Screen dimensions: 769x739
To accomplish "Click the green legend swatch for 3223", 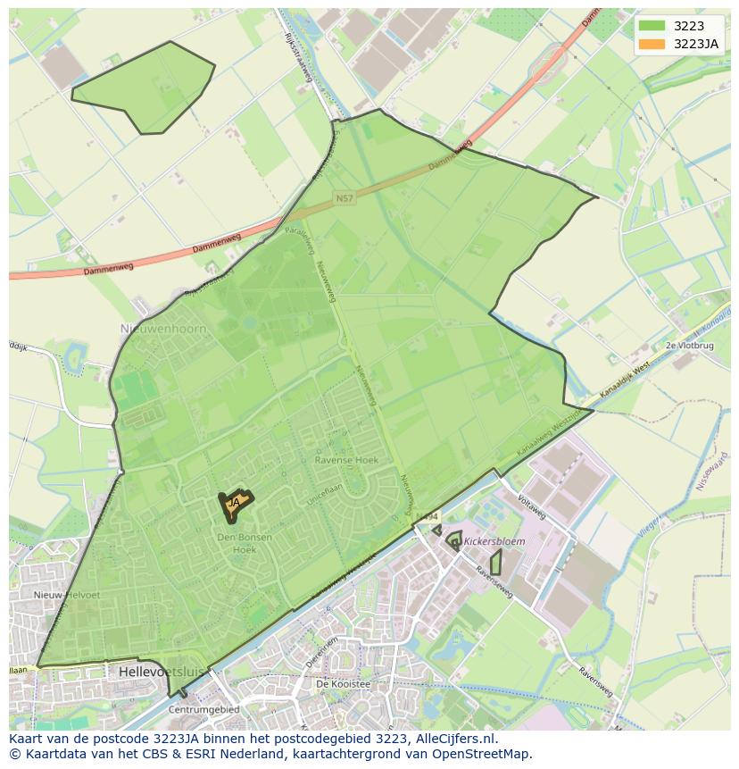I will point(652,27).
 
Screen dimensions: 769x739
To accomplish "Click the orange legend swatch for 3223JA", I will point(652,44).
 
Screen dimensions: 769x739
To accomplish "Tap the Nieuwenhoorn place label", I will point(163,329).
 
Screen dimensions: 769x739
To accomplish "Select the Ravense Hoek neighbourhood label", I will point(346,460).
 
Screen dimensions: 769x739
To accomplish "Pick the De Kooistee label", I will point(344,684).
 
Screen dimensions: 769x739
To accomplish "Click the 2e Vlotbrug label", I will point(690,345).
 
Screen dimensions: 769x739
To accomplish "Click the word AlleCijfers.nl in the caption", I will point(453,739).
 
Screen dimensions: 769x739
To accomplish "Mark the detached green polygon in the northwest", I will point(147,89).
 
